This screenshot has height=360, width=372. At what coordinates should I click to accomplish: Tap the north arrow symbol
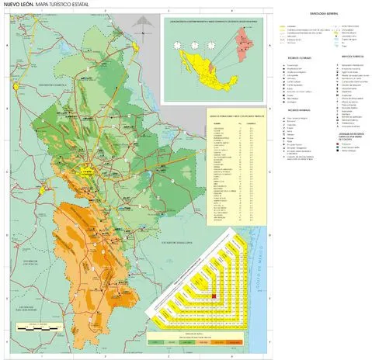tap(140, 31)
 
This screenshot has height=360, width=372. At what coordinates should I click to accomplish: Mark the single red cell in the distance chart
tap(214, 296)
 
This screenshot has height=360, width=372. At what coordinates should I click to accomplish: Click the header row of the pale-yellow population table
tap(234, 123)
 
